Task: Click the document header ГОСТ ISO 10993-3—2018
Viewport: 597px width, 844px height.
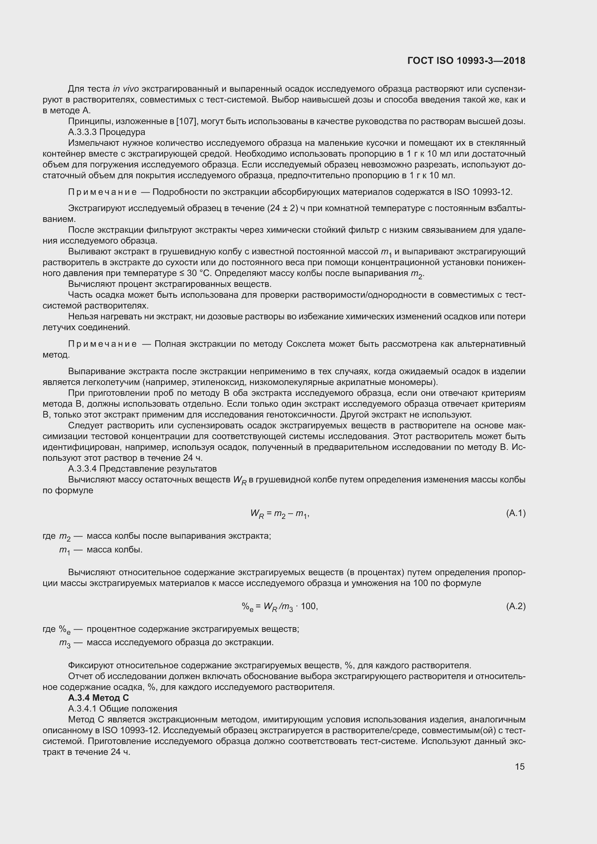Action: [466, 61]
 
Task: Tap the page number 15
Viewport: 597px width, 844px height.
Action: [519, 766]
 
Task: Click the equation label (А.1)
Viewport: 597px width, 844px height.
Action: [516, 513]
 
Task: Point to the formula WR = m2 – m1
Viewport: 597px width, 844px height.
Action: [279, 513]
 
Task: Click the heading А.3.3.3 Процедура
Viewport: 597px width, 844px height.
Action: [106, 132]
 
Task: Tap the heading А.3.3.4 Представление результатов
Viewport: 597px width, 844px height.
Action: [142, 469]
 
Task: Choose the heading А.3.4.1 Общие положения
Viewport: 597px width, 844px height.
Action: [122, 708]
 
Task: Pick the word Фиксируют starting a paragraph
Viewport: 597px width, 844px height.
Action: [91, 665]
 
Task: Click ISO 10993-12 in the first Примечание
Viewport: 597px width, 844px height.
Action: [483, 192]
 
